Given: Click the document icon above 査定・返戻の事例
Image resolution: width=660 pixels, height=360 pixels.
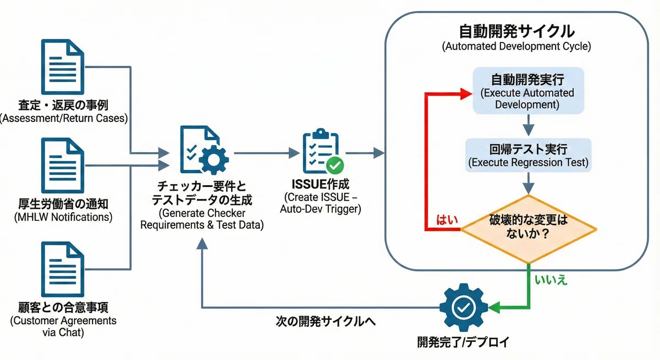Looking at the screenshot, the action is pos(63,67).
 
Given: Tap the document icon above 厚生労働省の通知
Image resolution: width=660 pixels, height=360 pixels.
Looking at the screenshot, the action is pos(63,165).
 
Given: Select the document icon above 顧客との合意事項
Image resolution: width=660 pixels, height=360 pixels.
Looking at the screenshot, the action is pos(63,269).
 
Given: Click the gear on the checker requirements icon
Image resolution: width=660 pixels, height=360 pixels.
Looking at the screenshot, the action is pos(213,160).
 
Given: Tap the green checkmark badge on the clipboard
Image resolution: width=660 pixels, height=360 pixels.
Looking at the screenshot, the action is pos(335,165).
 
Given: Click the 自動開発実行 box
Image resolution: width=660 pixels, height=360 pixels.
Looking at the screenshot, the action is pos(529,91).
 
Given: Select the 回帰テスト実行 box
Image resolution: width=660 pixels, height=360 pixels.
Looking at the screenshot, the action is pos(529,155).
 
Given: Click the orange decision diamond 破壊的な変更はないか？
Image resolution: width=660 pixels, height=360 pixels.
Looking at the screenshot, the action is pos(529,229).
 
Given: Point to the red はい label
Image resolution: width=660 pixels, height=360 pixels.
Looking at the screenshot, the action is pos(447,220).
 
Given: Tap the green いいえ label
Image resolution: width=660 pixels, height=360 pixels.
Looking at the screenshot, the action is pos(551,280).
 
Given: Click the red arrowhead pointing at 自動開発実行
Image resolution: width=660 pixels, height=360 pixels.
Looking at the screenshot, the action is pos(466,94).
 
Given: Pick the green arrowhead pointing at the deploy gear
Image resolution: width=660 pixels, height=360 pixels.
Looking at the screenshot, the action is pos(494,308).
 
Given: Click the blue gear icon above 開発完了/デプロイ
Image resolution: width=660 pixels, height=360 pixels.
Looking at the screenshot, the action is pos(464,308).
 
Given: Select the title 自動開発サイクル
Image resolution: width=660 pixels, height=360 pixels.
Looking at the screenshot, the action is pos(517,31).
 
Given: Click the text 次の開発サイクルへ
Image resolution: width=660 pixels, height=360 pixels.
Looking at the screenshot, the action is pos(326,322).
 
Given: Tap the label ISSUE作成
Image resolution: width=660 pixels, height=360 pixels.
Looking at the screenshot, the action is pos(320,184).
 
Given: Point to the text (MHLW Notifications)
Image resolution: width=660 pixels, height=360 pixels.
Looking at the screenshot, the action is pos(63,217).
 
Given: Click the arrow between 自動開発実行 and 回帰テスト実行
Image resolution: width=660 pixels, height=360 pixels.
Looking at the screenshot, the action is pos(529,125).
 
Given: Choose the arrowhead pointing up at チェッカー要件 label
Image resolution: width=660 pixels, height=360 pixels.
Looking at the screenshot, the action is pos(202,243).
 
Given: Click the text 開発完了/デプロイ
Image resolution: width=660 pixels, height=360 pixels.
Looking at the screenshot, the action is pos(463,342).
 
